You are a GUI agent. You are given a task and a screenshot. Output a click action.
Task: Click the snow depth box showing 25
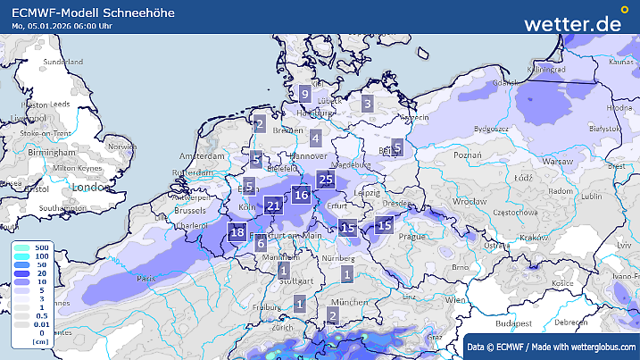coord(326,180)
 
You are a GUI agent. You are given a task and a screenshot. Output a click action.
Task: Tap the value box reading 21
coord(274,206)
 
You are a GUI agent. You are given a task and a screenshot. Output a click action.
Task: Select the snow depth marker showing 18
coord(237,233)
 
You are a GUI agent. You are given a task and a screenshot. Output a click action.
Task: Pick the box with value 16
coord(302,195)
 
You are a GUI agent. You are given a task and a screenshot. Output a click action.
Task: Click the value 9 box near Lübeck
coord(304,94)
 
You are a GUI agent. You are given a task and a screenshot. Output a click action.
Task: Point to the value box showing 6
coord(261,243)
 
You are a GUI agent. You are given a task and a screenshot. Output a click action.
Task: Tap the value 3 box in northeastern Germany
coord(367,104)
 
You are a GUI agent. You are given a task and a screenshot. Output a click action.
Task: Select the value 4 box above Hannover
coord(315,138)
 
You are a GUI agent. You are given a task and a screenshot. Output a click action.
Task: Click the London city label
coord(89,187)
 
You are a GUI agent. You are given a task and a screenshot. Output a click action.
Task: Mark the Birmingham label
coord(51,154)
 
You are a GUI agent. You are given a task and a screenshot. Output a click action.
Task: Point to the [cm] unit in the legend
coord(39,341)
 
